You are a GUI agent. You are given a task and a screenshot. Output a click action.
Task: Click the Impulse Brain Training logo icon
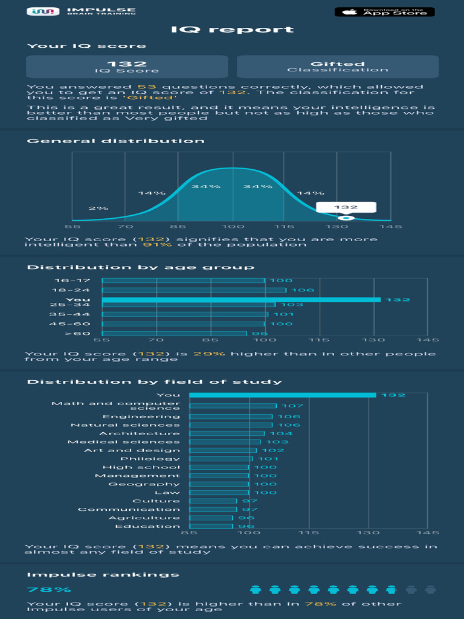[x=43, y=11]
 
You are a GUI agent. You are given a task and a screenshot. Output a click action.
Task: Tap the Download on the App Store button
[x=385, y=11]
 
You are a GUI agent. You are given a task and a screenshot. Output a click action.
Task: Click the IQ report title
[x=232, y=30]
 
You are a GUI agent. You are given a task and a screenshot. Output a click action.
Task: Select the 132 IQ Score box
[x=127, y=66]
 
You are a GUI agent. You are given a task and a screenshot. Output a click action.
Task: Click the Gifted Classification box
[x=337, y=66]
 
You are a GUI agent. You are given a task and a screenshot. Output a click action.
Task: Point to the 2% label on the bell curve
[x=98, y=208]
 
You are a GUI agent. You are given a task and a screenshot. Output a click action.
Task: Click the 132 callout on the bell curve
[x=346, y=207]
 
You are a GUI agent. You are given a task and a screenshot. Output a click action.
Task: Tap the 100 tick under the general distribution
[x=231, y=227]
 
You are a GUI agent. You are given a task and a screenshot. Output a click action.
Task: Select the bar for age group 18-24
[x=194, y=290]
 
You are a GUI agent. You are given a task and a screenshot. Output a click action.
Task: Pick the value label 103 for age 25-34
[x=292, y=305]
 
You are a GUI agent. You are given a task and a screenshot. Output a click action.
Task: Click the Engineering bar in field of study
[x=231, y=416]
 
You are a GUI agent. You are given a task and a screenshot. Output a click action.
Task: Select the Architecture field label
[x=140, y=433]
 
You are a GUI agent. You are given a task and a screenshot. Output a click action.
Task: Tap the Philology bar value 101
[x=268, y=459]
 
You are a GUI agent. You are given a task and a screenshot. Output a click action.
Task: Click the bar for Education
[x=211, y=527]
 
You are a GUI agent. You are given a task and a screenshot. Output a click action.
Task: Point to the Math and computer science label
[x=116, y=406]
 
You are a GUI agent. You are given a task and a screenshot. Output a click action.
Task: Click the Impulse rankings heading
[x=103, y=575]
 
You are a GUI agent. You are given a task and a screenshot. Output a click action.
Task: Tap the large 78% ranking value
[x=49, y=589]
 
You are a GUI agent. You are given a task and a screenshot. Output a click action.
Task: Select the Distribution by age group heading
[x=140, y=267]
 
